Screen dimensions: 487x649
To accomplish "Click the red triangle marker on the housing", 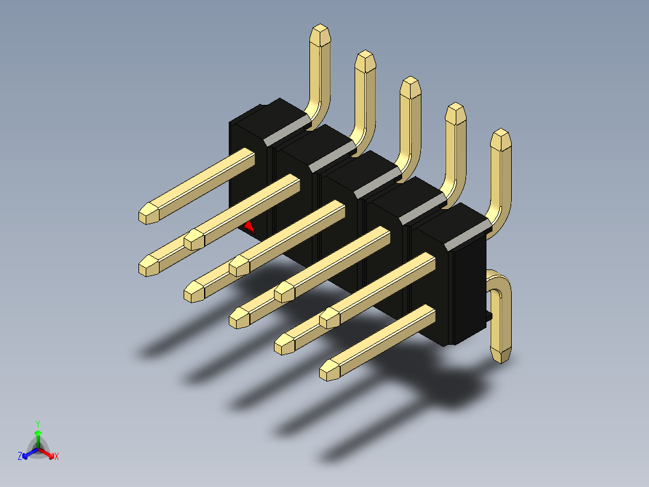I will click(x=249, y=227).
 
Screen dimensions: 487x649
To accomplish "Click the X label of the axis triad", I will click(x=57, y=456).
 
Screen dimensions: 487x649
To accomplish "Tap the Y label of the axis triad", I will click(x=37, y=424).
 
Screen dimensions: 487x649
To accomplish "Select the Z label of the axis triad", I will click(x=20, y=456).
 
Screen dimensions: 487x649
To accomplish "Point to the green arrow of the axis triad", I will click(x=38, y=435).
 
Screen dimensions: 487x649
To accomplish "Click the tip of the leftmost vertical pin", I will click(x=320, y=34).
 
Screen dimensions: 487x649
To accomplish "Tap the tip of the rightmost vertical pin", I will click(x=500, y=139).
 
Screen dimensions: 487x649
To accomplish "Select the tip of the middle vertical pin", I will click(x=411, y=87).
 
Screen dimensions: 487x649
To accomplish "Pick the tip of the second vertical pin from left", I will click(x=365, y=61).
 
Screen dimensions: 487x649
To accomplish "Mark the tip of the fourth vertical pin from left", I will click(x=456, y=113).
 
